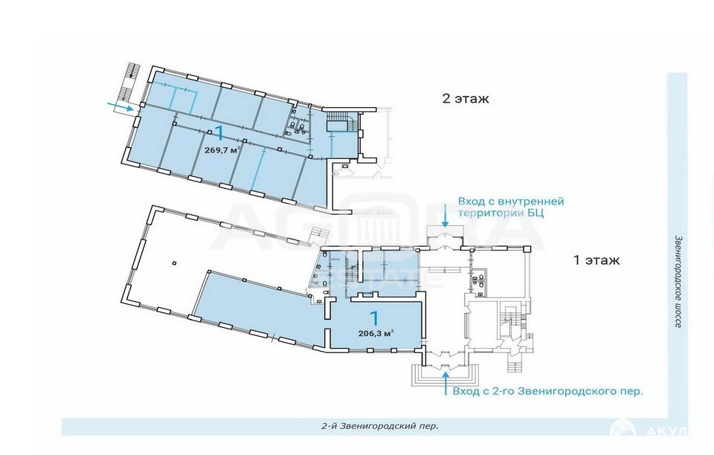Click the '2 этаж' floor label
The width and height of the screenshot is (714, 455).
[466, 98]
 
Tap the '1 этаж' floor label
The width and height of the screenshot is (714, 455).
[596, 261]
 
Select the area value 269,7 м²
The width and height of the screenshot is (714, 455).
[222, 150]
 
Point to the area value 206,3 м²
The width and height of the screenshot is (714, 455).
[376, 333]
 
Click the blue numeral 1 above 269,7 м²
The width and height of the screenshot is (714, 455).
[219, 133]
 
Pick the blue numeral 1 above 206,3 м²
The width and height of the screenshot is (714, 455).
[375, 317]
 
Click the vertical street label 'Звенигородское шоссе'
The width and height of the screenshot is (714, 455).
[677, 281]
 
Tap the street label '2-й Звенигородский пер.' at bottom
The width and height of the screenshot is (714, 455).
[380, 426]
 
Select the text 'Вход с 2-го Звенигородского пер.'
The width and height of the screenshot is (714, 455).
[548, 391]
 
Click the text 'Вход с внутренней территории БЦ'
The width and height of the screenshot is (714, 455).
[511, 207]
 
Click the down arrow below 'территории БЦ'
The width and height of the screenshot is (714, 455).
[445, 219]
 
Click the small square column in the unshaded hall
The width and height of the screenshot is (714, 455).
[174, 263]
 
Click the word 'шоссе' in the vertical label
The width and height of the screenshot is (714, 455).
[677, 316]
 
